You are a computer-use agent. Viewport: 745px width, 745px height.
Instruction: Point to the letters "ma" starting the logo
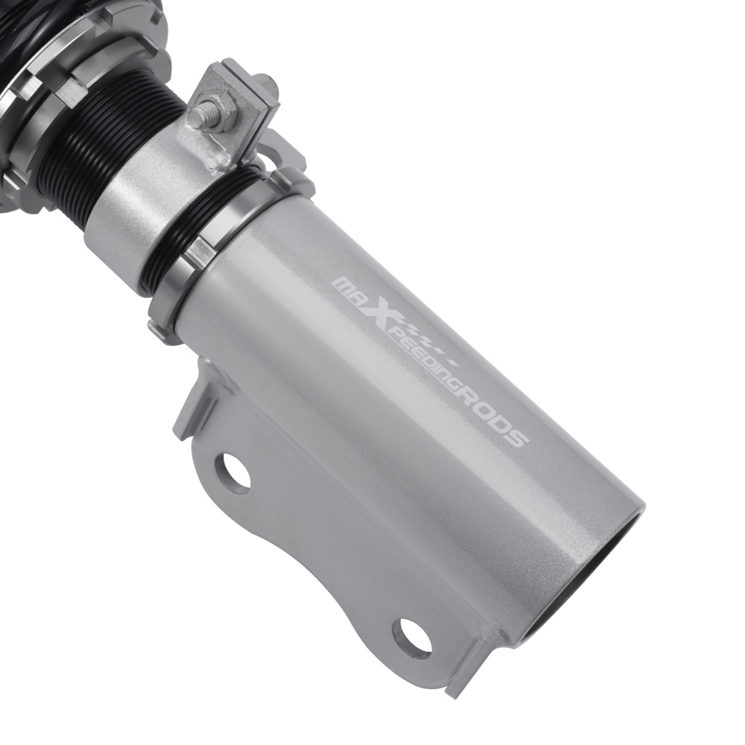tap(351, 288)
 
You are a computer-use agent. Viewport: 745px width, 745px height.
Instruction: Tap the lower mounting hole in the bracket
tap(413, 633)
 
